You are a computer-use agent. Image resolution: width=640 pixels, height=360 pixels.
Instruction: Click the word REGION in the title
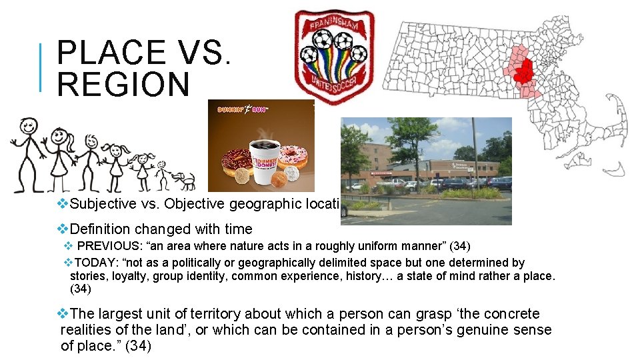pos(123,85)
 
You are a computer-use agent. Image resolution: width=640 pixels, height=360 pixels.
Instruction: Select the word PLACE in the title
pos(112,53)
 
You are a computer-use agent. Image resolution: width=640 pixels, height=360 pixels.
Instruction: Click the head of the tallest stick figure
pos(27,125)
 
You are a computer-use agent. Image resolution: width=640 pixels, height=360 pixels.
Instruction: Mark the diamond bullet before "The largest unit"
pos(63,313)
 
